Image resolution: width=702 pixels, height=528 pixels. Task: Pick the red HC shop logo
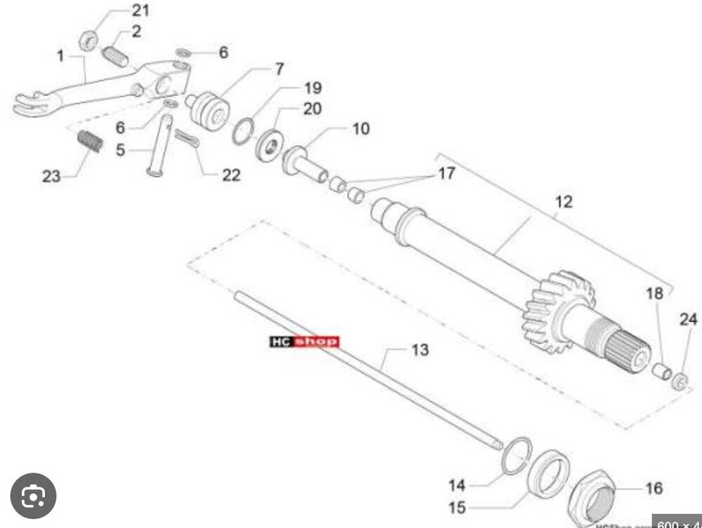(304, 341)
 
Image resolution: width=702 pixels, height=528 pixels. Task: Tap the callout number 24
(689, 320)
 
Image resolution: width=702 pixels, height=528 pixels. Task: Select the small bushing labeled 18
(660, 370)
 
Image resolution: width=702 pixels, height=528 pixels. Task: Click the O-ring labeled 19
(243, 131)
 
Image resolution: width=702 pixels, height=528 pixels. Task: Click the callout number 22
(231, 175)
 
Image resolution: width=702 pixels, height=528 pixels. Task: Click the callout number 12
(563, 202)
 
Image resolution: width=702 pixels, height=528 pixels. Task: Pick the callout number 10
(360, 129)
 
